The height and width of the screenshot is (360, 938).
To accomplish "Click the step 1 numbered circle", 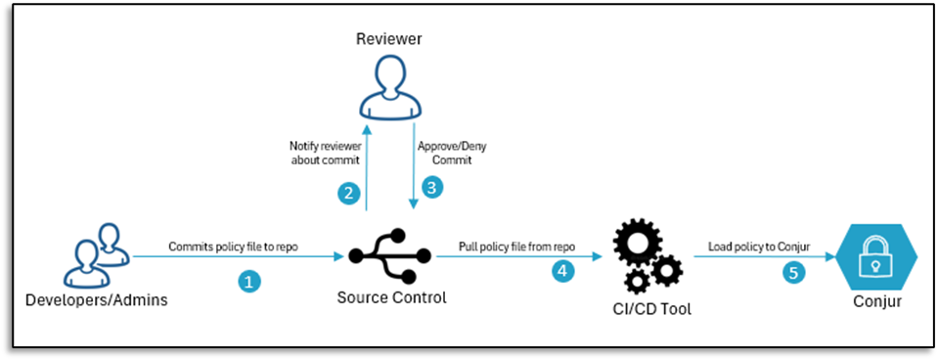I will click(250, 282).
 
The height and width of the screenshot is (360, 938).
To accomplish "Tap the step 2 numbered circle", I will click(348, 194).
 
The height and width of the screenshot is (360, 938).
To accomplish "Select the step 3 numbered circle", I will click(431, 185).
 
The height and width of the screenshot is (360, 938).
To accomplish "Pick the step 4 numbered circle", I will click(562, 273).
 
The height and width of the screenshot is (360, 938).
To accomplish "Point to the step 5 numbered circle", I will click(794, 273).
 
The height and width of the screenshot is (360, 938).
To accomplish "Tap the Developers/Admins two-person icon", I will click(96, 255).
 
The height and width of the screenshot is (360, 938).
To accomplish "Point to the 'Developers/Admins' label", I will click(96, 300).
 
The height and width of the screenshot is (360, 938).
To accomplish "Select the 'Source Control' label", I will click(391, 296).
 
